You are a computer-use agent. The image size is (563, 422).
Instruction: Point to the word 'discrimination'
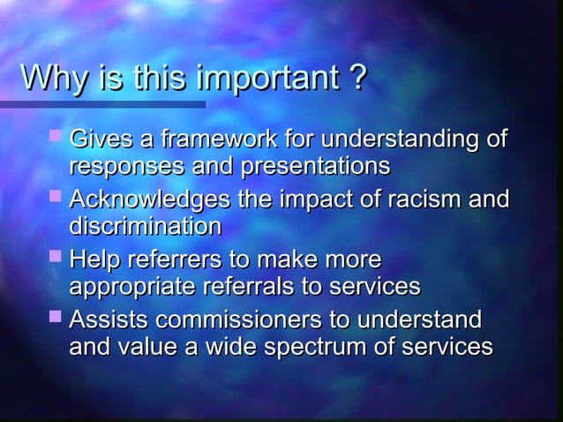pyautogui.click(x=146, y=227)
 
